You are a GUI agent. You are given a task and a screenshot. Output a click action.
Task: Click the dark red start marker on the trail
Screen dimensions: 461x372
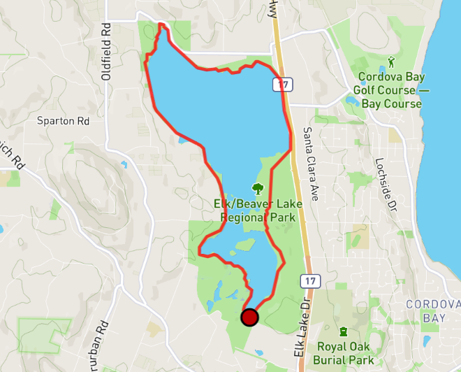coord(249,317)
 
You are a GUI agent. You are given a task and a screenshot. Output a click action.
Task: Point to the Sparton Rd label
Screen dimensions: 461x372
coord(64,120)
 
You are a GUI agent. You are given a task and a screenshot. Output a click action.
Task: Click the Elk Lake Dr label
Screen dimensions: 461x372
coord(301,336)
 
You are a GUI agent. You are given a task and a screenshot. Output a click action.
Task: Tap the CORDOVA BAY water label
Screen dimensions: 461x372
coord(433,310)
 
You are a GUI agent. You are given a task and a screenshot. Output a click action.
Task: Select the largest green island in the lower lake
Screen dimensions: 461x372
coord(244,245)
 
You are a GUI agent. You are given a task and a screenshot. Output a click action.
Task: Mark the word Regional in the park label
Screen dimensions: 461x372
coord(244,217)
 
